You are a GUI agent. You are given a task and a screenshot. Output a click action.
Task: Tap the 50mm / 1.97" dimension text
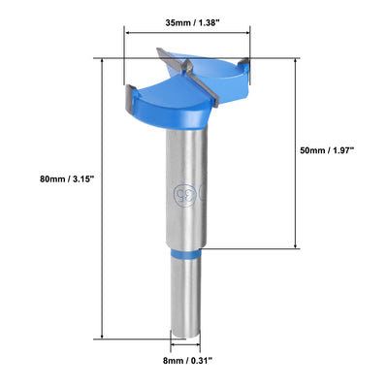click(326, 150)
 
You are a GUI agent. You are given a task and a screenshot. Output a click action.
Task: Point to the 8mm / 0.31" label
click(185, 361)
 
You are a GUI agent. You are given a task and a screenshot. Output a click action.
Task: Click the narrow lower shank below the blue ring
click(185, 296)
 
